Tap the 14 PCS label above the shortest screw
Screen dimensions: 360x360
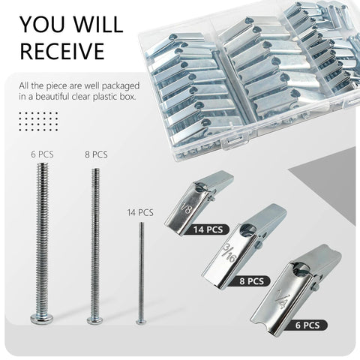140,212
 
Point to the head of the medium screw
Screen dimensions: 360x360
94,320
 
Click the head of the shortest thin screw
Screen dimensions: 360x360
140,321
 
